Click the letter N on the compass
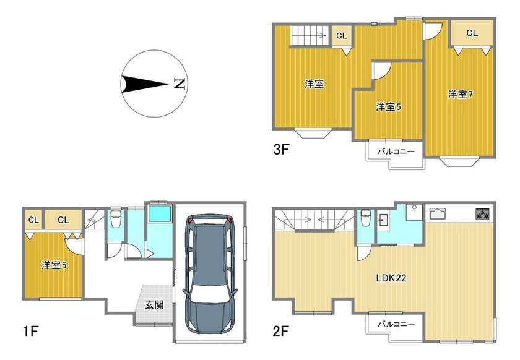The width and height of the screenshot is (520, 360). (x=180, y=84)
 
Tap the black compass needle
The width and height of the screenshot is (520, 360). (x=145, y=84)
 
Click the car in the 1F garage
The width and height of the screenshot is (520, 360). (x=210, y=274)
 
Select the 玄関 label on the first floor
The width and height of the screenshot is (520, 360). (x=154, y=304)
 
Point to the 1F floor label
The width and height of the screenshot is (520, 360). (x=31, y=331)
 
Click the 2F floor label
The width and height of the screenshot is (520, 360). (x=281, y=331)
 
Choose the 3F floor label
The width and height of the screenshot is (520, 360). (x=281, y=150)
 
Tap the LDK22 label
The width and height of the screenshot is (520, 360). (x=391, y=278)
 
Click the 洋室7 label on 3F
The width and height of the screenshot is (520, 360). (x=461, y=95)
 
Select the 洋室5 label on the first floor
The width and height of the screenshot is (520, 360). (x=54, y=265)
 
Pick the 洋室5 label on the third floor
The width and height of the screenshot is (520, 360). (x=389, y=107)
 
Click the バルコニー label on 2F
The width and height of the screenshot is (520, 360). (x=396, y=324)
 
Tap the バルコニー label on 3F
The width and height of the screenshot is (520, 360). (x=396, y=152)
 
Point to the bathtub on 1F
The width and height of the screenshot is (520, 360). (x=160, y=213)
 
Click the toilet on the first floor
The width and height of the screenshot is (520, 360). (x=116, y=218)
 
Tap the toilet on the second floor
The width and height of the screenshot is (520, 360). (x=365, y=218)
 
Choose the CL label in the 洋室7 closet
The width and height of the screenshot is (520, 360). (x=472, y=33)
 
